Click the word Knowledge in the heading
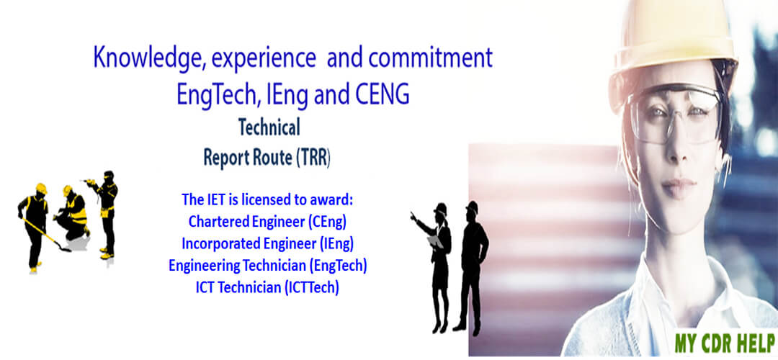tap(148, 58)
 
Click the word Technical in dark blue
tap(269, 128)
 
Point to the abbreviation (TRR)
tap(313, 158)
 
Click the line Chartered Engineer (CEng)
tap(267, 222)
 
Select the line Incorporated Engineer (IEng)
tap(267, 244)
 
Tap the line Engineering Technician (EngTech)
tap(267, 266)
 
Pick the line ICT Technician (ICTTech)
tap(267, 287)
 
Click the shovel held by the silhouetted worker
tap(46, 235)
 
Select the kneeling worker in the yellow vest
tap(73, 213)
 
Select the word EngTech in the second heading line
tap(219, 96)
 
